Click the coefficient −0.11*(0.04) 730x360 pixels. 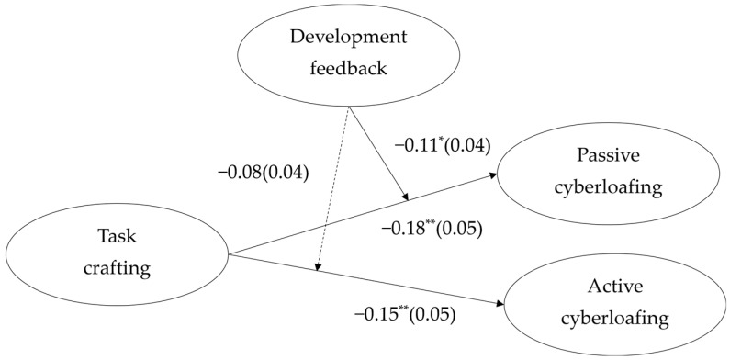[x=443, y=146]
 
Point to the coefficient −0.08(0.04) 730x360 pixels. [x=263, y=174]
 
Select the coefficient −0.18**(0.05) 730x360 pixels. [x=431, y=230]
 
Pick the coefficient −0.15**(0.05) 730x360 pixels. [x=405, y=315]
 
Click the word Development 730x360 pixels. [x=349, y=38]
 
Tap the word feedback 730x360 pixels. [x=349, y=69]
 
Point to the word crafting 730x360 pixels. [x=118, y=269]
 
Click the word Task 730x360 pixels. [x=118, y=237]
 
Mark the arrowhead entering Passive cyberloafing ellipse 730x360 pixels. [x=493, y=175]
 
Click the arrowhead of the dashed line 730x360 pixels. [x=318, y=267]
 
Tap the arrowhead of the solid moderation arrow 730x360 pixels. [x=406, y=197]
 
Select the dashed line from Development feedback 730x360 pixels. [x=333, y=188]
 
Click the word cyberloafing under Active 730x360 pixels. [x=615, y=319]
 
